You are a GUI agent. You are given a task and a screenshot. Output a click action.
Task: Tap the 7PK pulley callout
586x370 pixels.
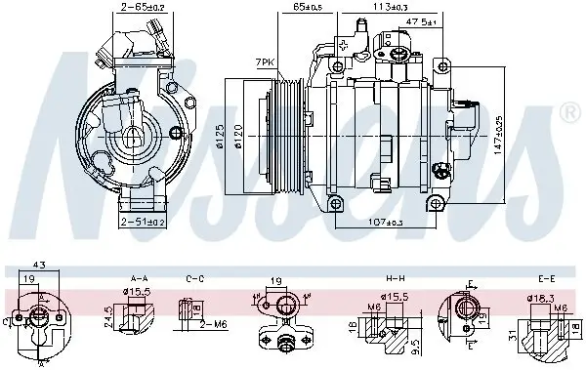pos(264,62)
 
